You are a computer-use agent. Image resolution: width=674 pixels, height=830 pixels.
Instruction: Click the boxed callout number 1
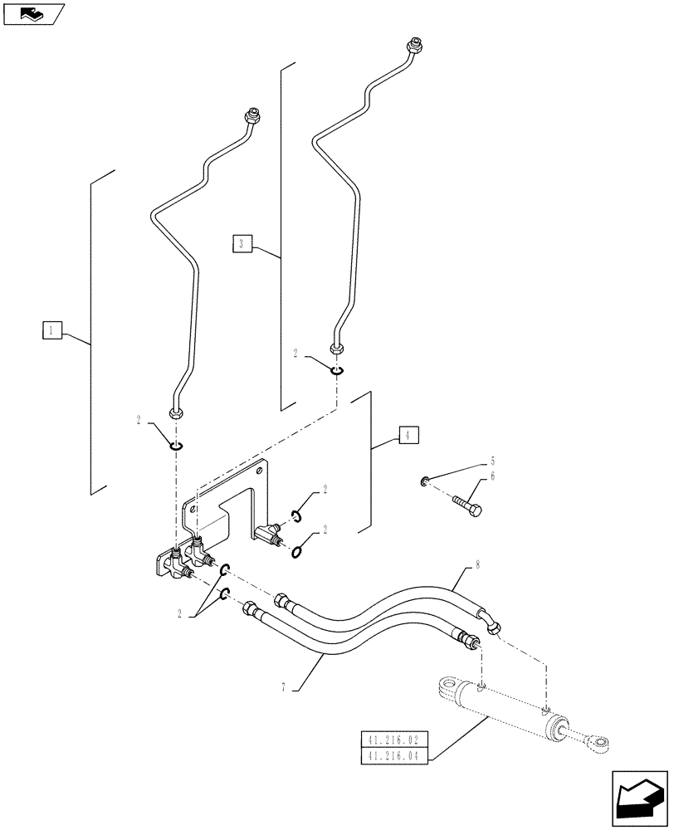[x=51, y=331]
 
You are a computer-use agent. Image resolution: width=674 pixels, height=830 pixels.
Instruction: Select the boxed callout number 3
[x=241, y=243]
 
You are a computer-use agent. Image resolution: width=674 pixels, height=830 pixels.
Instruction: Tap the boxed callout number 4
[x=408, y=434]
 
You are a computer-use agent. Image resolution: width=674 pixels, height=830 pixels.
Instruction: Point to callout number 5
[x=492, y=461]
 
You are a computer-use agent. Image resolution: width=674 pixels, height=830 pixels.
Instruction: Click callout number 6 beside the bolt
[x=492, y=476]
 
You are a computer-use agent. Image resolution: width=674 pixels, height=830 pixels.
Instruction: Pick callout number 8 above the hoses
[x=478, y=567]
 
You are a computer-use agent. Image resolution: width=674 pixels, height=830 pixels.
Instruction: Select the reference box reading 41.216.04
[x=393, y=755]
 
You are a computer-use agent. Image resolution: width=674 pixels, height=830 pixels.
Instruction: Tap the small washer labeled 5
[x=425, y=481]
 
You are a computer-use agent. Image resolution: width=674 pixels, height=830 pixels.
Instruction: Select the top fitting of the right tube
[x=413, y=42]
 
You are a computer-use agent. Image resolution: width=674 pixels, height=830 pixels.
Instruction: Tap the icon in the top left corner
[x=33, y=12]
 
